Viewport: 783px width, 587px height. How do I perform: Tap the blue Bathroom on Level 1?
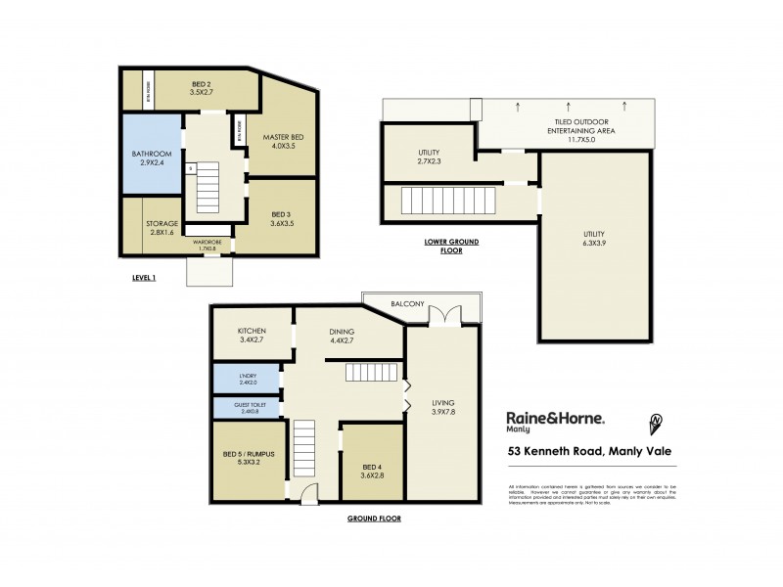(152, 158)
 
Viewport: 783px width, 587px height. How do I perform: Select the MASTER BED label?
(284, 137)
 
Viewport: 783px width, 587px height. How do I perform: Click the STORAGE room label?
(161, 224)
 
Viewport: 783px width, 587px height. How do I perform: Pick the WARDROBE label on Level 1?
(206, 242)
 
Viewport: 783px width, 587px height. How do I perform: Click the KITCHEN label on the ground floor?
(252, 333)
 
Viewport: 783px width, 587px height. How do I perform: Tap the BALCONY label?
(406, 304)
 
